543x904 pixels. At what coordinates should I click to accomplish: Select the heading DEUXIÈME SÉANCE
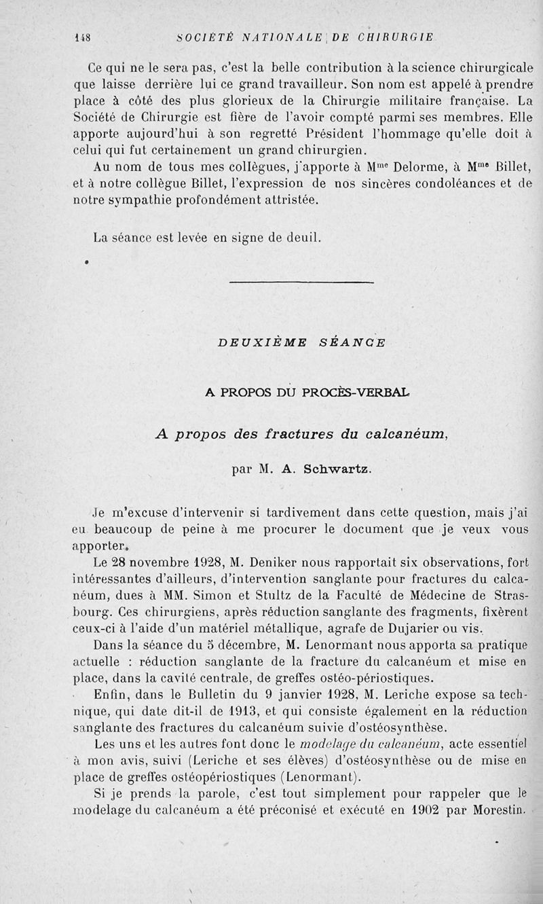[x=302, y=342]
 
